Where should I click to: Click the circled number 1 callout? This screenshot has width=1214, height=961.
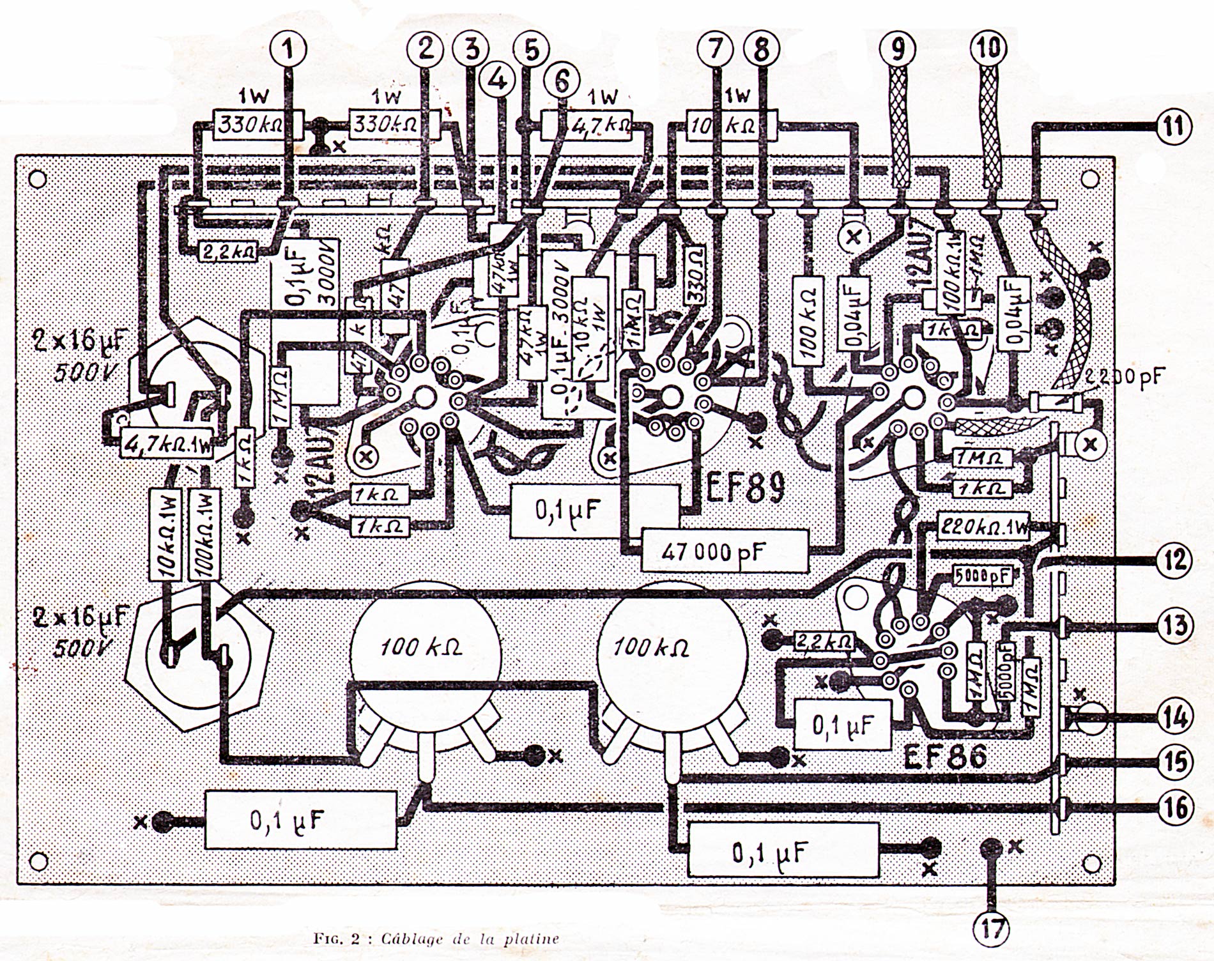click(290, 49)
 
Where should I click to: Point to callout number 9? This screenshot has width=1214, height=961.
click(897, 49)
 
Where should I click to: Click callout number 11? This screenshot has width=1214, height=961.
click(1173, 126)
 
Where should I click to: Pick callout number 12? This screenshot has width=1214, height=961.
click(1173, 560)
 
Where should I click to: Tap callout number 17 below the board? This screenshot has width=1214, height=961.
click(992, 928)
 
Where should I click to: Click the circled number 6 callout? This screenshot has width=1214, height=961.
click(560, 81)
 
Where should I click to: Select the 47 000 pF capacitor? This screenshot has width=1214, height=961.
click(725, 551)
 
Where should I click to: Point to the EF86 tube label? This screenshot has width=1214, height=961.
click(945, 758)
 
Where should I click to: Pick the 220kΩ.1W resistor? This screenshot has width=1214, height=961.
click(983, 528)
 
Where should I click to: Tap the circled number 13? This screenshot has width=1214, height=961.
click(1173, 626)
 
